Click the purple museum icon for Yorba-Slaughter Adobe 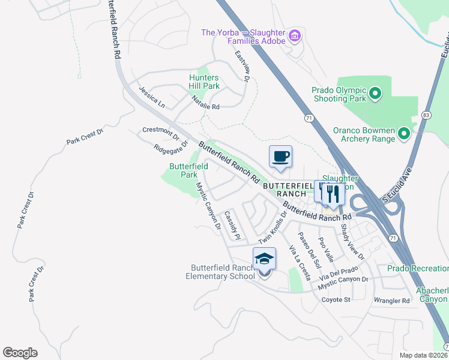pos(294,37)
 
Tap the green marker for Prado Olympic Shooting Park pos(375,94)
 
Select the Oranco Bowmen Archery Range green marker pos(404,133)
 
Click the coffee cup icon pos(280,157)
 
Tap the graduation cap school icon pos(264,259)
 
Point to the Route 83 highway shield pos(426,115)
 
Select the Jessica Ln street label pos(151,97)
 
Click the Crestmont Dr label pos(157,131)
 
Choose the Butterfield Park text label pos(188,170)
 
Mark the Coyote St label pos(336,299)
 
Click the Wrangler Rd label pos(391,300)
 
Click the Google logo pos(20,353)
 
